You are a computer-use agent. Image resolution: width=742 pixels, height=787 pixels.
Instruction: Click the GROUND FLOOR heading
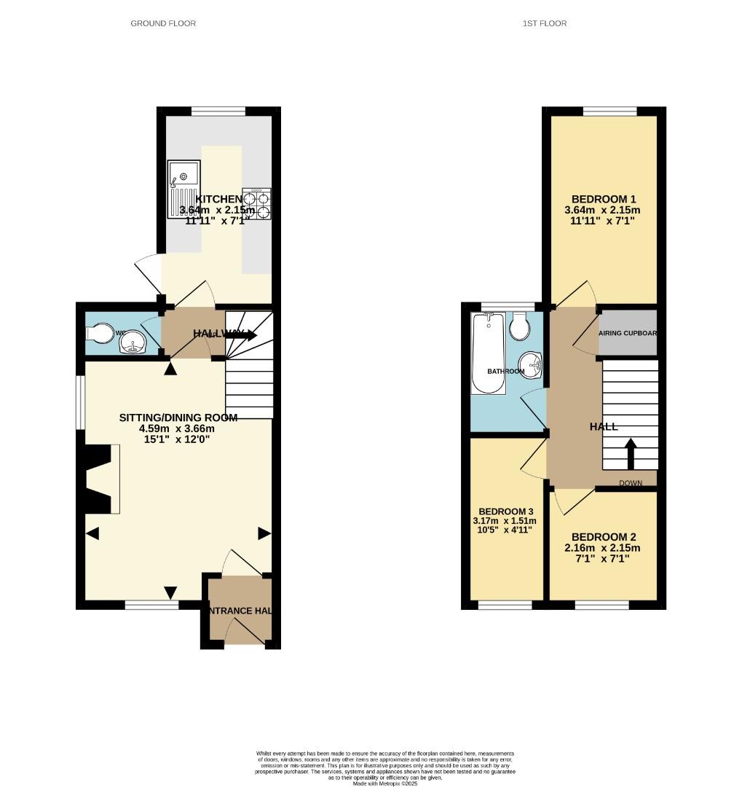pyautogui.click(x=163, y=23)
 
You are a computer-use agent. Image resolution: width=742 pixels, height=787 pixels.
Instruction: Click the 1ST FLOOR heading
pyautogui.click(x=544, y=23)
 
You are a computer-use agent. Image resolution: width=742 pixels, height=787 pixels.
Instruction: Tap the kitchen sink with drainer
pyautogui.click(x=182, y=184)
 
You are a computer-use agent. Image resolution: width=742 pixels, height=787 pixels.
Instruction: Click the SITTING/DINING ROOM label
pyautogui.click(x=178, y=418)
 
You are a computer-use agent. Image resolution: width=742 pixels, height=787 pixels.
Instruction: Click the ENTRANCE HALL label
pyautogui.click(x=240, y=611)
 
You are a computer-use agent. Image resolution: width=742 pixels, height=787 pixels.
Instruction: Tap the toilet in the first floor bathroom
pyautogui.click(x=519, y=327)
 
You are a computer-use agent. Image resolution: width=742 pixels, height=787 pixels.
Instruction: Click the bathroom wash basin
pyautogui.click(x=531, y=364)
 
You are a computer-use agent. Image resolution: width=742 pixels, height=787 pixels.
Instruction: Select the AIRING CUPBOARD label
pyautogui.click(x=627, y=333)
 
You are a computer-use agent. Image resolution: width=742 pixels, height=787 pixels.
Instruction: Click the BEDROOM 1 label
pyautogui.click(x=604, y=199)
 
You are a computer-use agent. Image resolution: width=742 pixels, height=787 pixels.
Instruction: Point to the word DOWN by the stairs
pyautogui.click(x=631, y=483)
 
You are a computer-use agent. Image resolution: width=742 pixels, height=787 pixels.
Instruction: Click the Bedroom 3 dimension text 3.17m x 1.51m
pyautogui.click(x=505, y=520)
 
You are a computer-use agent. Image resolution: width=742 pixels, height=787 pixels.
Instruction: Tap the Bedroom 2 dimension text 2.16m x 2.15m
pyautogui.click(x=604, y=548)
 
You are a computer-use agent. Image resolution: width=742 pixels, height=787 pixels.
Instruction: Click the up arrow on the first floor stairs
pyautogui.click(x=631, y=453)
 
